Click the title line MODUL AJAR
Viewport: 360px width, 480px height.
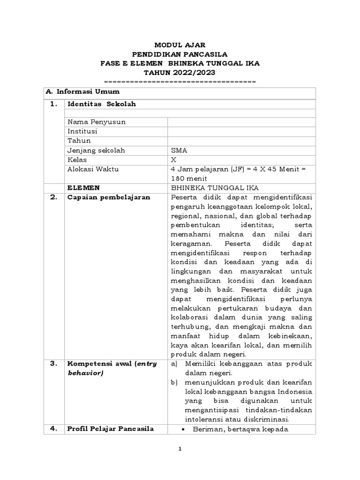(180, 45)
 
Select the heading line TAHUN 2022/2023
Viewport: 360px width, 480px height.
(180, 72)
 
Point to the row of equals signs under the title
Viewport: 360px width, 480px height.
(180, 82)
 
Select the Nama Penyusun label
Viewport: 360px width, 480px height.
(97, 122)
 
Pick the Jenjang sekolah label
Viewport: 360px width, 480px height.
(97, 150)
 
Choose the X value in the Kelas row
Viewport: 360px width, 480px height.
(175, 160)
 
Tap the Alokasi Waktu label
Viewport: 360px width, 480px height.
(92, 169)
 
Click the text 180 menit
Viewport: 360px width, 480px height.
(188, 179)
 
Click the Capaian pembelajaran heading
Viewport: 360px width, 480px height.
(109, 197)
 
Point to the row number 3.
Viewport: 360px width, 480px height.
(53, 364)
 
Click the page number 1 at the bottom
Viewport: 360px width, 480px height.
(180, 449)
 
